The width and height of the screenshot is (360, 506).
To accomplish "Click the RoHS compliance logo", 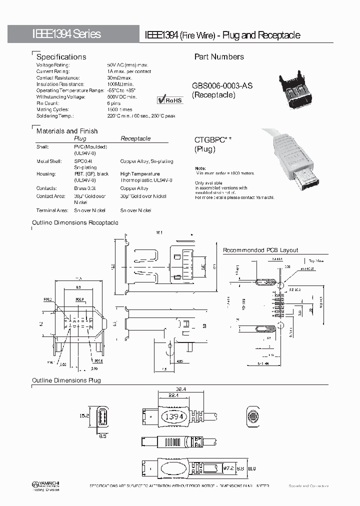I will pos(170,100).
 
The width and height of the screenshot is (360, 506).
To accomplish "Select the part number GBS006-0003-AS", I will pos(222,86).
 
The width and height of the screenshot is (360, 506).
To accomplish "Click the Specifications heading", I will pos(61,57).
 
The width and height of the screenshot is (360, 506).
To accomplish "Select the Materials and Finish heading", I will pos(67,131).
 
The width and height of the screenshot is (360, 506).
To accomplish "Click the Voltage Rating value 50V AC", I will pos(127,65).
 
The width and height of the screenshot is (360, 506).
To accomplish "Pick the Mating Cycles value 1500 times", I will pos(119,109).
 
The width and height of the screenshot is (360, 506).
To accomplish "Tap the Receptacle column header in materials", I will pos(135,138).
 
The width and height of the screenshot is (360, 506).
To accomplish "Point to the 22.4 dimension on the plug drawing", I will pos(173,395).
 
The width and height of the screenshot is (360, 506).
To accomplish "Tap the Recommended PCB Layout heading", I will pos(260,250).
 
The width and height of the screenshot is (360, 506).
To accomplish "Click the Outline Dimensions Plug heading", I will pos(66,380).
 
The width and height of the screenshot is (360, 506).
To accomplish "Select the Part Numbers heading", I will pos(219,57).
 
